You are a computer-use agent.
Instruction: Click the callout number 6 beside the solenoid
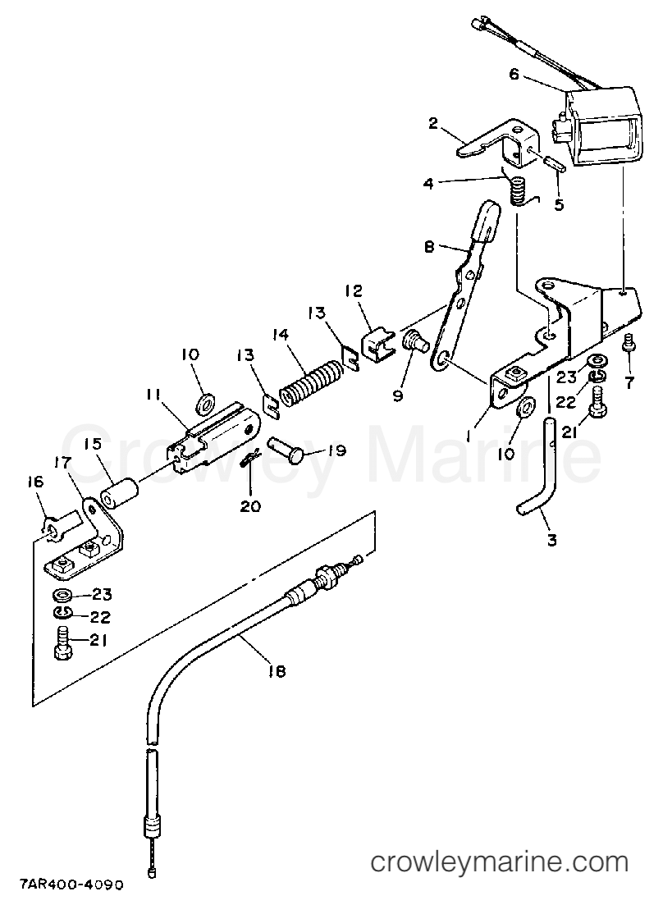514,75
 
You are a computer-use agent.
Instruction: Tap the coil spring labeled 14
312,383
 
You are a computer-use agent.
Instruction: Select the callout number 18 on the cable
277,670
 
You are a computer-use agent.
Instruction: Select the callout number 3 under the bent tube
552,540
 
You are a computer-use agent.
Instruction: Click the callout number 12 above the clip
354,290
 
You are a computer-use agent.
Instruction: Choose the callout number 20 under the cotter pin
250,505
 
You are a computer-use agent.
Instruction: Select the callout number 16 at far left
35,482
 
